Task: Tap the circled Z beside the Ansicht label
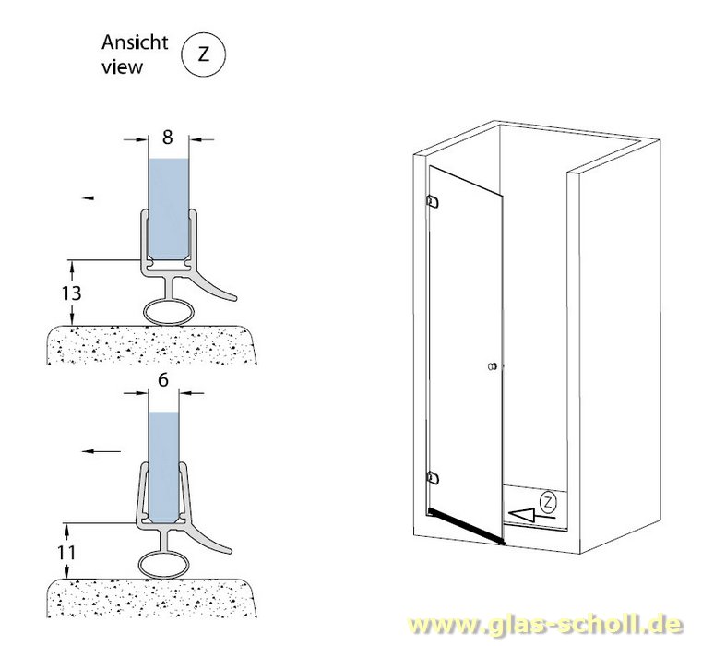click(x=204, y=54)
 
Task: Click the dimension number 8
click(x=167, y=138)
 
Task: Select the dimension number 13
click(x=72, y=293)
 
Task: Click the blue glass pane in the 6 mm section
click(x=163, y=461)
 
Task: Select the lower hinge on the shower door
click(x=432, y=477)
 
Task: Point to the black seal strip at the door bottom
click(x=465, y=524)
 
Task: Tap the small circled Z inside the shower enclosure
click(x=548, y=503)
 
